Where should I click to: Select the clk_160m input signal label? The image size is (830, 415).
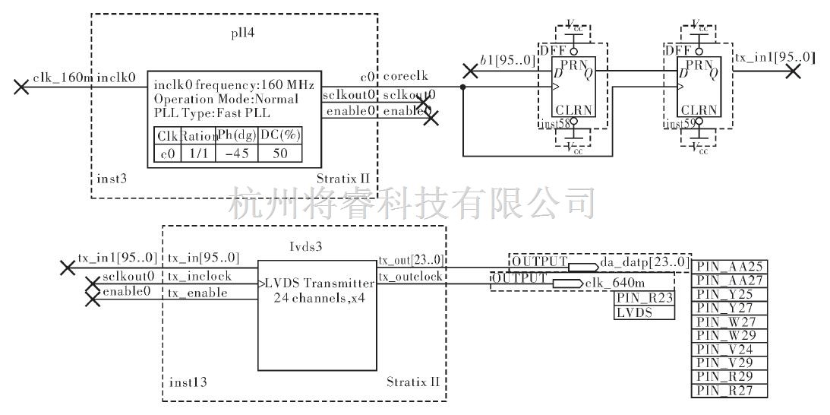click(x=62, y=78)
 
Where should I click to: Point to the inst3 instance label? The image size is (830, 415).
click(x=112, y=179)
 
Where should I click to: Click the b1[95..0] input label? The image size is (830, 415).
click(x=507, y=60)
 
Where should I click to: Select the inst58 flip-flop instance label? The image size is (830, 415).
click(x=553, y=124)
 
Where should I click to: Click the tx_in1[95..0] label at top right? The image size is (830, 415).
click(x=775, y=57)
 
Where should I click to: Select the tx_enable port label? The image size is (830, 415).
click(x=197, y=293)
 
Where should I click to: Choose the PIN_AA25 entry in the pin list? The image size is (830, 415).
click(x=730, y=267)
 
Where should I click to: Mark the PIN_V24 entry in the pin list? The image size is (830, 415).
click(x=730, y=350)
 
